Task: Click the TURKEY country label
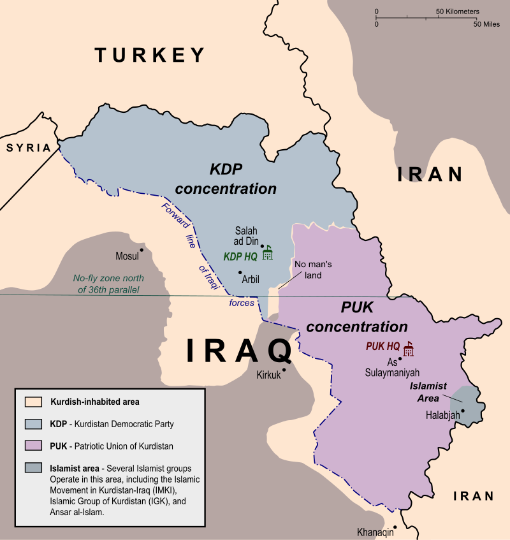click(x=150, y=55)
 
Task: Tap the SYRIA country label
click(x=28, y=148)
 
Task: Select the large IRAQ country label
click(x=239, y=351)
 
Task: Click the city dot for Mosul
click(x=142, y=250)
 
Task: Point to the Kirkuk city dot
click(x=284, y=369)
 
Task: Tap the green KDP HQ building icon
click(x=268, y=252)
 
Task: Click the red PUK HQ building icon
click(x=408, y=347)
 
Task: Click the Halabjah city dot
click(x=463, y=411)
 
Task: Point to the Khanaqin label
click(x=376, y=533)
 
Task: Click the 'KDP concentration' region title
click(x=226, y=179)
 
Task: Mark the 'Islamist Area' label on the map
click(x=428, y=392)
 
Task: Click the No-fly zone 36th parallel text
click(x=108, y=284)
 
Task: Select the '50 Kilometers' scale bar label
click(x=458, y=11)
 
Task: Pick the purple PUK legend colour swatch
click(x=33, y=446)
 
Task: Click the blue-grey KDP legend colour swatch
click(x=33, y=424)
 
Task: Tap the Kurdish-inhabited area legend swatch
click(x=33, y=402)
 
